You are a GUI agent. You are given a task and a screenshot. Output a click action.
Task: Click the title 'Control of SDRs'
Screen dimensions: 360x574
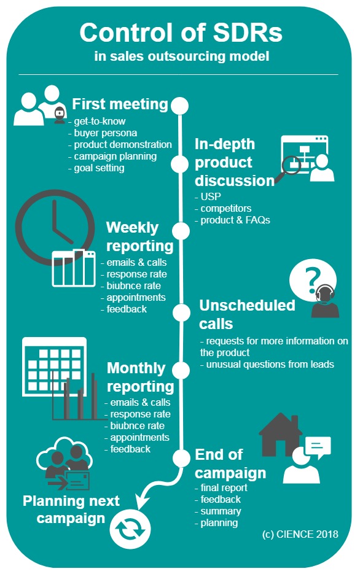[181, 33]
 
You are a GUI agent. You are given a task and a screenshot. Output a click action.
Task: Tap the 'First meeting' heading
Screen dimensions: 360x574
[120, 104]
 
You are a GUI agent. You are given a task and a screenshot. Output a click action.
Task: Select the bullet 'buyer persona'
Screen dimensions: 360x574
[103, 133]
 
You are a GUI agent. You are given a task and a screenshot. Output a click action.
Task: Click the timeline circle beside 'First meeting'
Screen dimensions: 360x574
[179, 106]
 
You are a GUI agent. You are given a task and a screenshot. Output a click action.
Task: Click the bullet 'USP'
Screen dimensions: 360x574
[208, 196]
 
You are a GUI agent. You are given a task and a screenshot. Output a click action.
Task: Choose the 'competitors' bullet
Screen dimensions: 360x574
[223, 208]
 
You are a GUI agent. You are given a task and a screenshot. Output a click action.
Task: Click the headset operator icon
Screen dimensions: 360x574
[325, 301]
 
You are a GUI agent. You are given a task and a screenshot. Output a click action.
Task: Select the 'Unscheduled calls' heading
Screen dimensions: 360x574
[247, 314]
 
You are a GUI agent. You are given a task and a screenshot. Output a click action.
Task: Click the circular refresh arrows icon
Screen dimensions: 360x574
[130, 528]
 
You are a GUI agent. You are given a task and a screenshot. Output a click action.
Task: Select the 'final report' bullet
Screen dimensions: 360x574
[221, 487]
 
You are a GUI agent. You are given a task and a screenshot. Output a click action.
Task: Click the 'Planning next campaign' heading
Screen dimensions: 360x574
[71, 509]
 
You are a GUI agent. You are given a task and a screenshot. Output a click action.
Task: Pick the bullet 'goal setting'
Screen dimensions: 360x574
[96, 168]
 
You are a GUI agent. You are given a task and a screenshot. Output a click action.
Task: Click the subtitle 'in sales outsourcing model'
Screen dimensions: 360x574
[182, 56]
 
